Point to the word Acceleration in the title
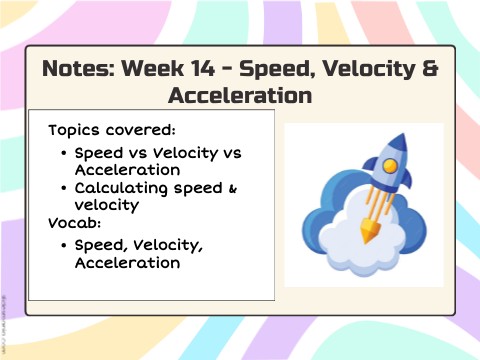coord(240,95)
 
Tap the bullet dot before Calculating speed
coord(64,188)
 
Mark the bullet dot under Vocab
coord(64,246)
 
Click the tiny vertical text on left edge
coord(4,324)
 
